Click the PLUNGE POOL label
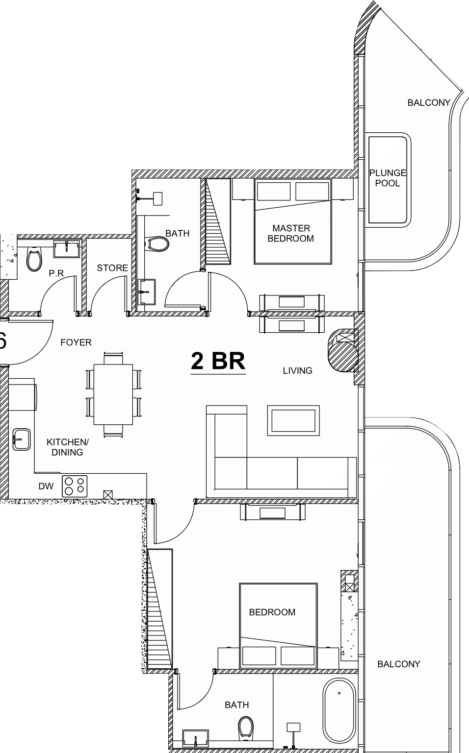[x=388, y=178]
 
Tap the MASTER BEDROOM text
[x=291, y=233]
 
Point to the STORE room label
[x=112, y=268]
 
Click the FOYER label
[x=76, y=342]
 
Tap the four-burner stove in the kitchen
[x=75, y=486]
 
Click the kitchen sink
[x=21, y=439]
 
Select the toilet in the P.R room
[x=34, y=259]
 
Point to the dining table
[x=113, y=394]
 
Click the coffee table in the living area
[x=293, y=420]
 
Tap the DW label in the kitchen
[x=46, y=486]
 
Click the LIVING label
[x=298, y=370]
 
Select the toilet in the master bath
[x=157, y=244]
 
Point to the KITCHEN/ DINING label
[x=67, y=447]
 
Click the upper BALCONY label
[x=429, y=102]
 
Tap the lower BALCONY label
[x=399, y=664]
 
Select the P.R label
[x=56, y=273]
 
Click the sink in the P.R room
[x=67, y=249]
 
